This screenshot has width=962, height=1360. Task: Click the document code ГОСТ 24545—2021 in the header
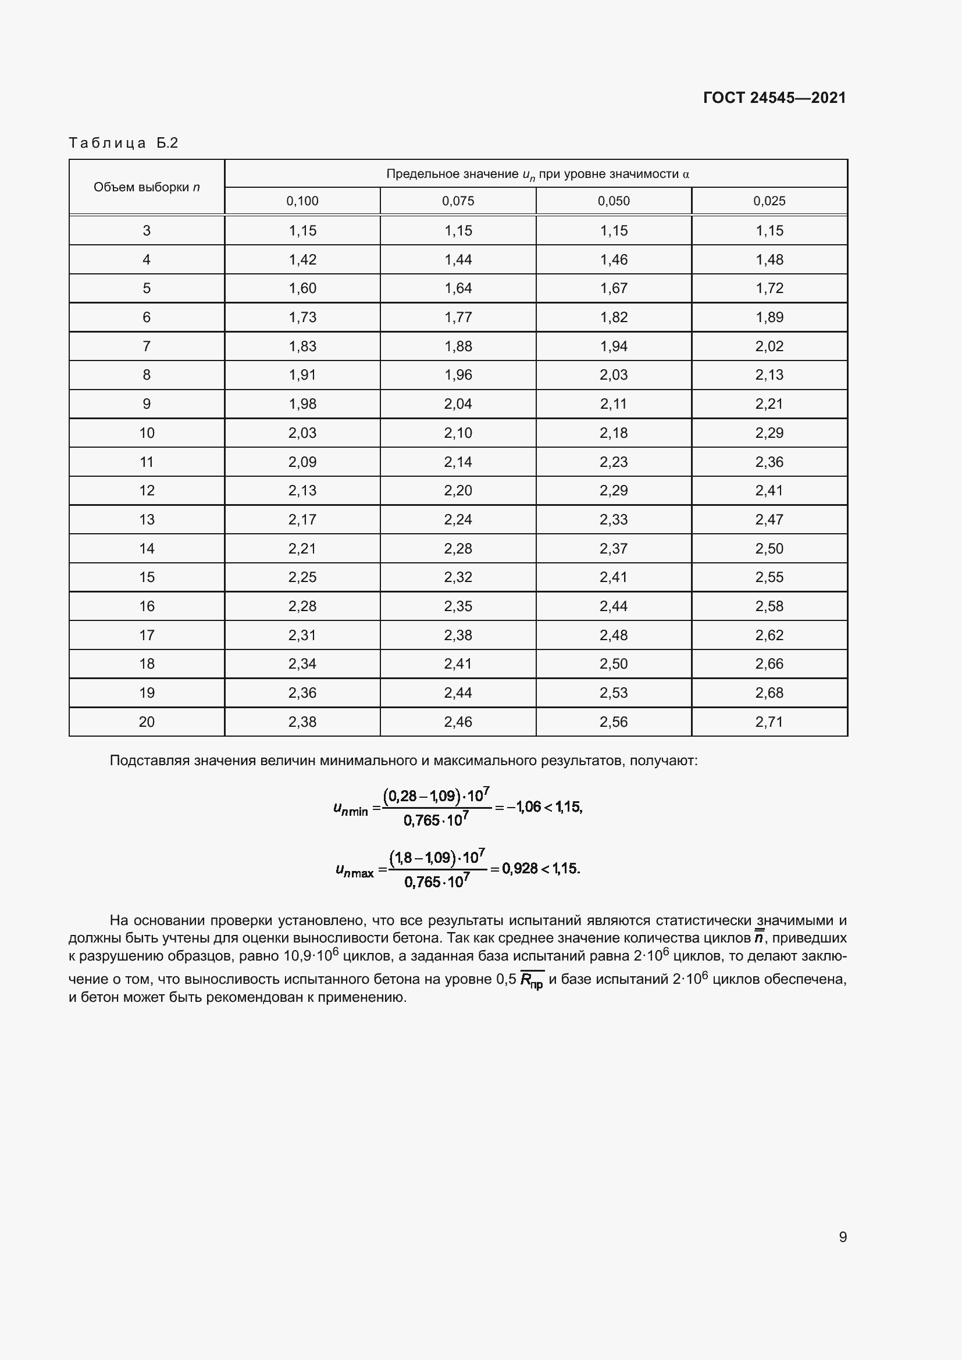pos(774,98)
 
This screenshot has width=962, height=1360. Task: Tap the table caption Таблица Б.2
pos(123,143)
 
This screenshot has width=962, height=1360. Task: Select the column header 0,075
pos(458,201)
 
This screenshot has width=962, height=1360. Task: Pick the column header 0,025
pos(769,201)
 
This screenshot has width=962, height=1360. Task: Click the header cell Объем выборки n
pos(147,187)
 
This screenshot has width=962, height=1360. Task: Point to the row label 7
pos(147,346)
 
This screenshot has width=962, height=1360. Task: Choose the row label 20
pos(147,722)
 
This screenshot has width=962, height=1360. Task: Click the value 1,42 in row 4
pos(302,259)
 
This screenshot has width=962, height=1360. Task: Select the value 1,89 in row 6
pos(769,317)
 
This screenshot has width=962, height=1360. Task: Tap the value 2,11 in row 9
pos(613,404)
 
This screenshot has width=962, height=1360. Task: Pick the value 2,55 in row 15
pos(769,577)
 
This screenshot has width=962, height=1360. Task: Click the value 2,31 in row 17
pos(302,635)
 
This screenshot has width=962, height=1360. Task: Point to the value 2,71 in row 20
pos(769,722)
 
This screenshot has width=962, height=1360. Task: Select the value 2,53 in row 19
pos(613,693)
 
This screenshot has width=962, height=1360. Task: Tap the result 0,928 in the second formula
pos(519,868)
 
